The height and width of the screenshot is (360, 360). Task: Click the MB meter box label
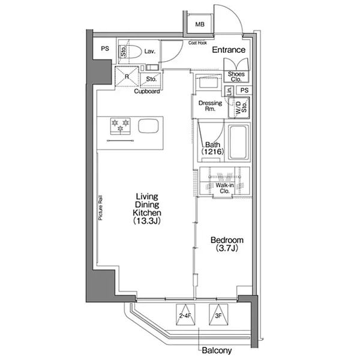[200, 24]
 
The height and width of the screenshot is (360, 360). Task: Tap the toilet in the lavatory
[130, 52]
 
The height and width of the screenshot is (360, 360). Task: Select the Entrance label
[229, 50]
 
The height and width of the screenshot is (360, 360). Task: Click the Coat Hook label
[197, 43]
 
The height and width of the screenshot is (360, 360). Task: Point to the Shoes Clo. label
[236, 77]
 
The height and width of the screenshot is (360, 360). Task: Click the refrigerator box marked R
[127, 76]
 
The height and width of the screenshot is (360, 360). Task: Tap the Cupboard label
[147, 91]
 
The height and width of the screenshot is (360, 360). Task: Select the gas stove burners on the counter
[121, 126]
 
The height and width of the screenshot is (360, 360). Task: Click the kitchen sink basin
[148, 126]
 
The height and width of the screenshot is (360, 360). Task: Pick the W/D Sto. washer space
[239, 107]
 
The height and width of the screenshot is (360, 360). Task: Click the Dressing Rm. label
[210, 106]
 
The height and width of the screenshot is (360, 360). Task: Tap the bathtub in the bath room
[239, 142]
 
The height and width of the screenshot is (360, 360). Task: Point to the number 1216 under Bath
[212, 152]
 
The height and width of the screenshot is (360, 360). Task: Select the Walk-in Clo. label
[224, 188]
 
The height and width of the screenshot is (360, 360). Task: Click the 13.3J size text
[147, 221]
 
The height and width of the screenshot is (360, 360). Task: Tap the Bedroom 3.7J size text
[227, 248]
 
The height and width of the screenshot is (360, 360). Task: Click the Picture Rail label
[100, 208]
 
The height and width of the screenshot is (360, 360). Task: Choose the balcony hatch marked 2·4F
[185, 314]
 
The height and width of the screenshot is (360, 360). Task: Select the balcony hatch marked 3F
[218, 314]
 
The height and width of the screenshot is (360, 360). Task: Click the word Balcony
[217, 350]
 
